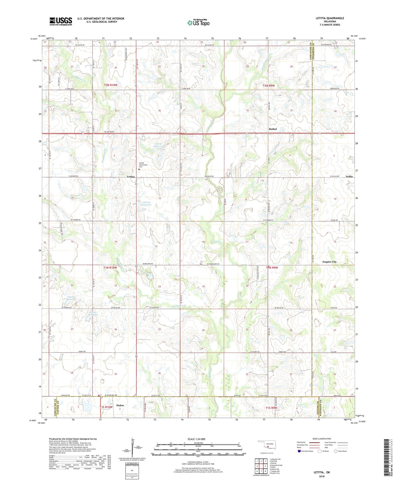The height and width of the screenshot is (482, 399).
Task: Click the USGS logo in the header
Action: [61, 21]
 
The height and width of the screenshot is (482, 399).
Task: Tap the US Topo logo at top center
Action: [198, 23]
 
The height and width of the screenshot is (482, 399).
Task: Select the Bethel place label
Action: [273, 129]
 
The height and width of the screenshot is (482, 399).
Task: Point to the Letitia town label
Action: [131, 176]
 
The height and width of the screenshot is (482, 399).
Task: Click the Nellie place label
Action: [349, 176]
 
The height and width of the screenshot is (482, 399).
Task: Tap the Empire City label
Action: [329, 262]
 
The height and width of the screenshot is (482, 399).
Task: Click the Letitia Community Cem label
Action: [143, 165]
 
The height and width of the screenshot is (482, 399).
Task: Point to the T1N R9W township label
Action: [272, 268]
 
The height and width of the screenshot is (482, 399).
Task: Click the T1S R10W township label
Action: [106, 407]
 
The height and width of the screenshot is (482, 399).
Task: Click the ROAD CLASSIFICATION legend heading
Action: [322, 439]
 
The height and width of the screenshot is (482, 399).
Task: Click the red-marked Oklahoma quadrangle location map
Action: [267, 446]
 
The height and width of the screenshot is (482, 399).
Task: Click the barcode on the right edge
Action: [387, 457]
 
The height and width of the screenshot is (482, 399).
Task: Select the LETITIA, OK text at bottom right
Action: [322, 472]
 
